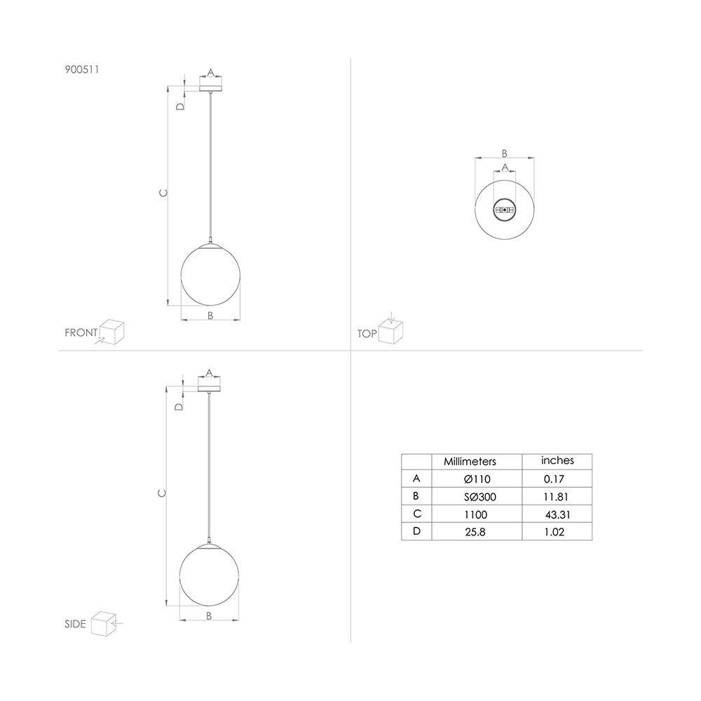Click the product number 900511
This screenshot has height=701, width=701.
[82, 69]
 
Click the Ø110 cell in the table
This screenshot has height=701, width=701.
[477, 479]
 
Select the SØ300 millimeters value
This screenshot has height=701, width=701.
[479, 497]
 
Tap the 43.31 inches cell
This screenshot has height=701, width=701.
[557, 515]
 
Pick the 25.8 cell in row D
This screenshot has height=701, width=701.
[475, 532]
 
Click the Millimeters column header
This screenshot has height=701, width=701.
[470, 461]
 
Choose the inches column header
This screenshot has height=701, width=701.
[557, 461]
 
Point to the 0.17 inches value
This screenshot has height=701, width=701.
[554, 479]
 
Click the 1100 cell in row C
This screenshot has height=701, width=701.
[475, 515]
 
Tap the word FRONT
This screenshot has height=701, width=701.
[81, 332]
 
